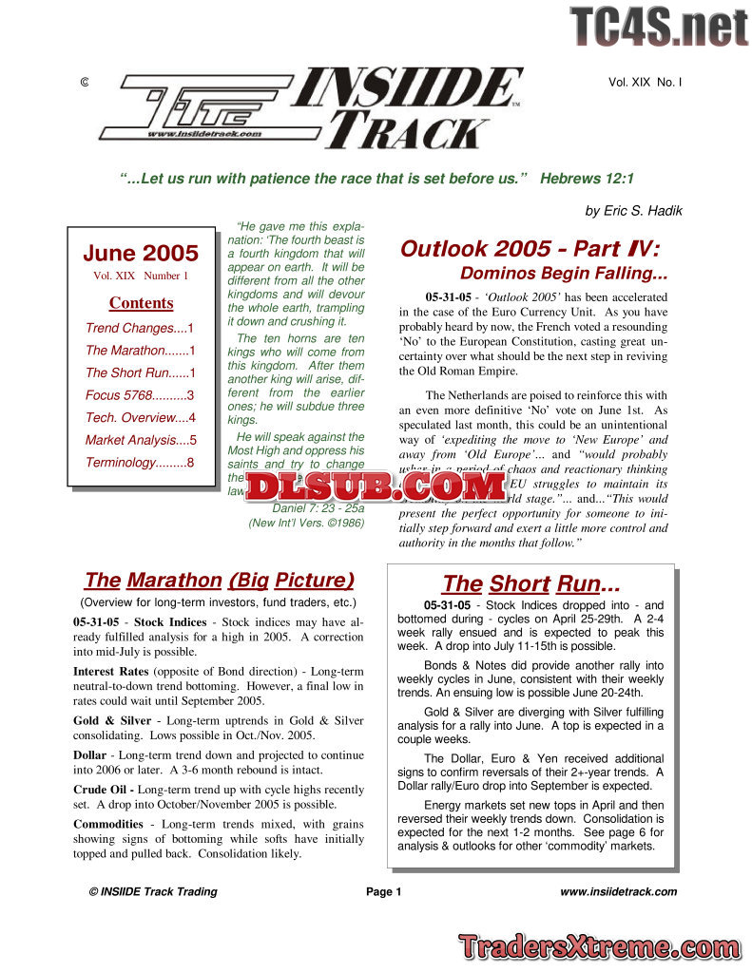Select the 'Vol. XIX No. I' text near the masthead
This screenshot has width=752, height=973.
(645, 83)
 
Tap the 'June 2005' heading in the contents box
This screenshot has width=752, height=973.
(141, 254)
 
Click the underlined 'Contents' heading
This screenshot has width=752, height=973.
(141, 303)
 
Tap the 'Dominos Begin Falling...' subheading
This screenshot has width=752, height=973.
(564, 275)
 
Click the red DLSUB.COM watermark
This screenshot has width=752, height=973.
(376, 486)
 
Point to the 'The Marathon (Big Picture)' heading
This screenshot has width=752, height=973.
(219, 581)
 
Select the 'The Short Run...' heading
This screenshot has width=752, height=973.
(530, 584)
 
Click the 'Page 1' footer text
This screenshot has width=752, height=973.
(384, 891)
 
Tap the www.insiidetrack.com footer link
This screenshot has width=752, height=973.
(618, 891)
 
